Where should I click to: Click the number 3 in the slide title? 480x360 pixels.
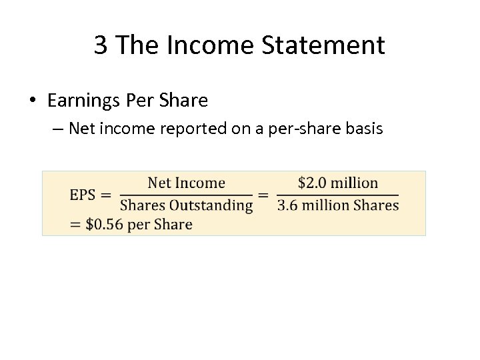click(x=101, y=45)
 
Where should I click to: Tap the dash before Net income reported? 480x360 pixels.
click(x=57, y=128)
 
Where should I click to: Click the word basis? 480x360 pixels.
click(x=363, y=128)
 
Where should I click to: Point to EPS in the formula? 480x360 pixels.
click(x=83, y=195)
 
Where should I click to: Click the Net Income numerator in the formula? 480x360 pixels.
click(x=186, y=183)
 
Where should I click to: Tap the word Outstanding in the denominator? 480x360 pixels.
click(x=215, y=206)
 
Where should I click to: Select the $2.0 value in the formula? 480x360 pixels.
click(x=311, y=183)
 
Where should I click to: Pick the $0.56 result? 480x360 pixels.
click(x=104, y=224)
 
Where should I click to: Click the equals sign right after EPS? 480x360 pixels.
click(x=105, y=195)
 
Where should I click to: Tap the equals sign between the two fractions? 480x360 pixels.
click(x=264, y=195)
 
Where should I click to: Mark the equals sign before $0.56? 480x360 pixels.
click(x=76, y=224)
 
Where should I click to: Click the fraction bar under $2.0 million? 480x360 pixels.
click(x=337, y=195)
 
